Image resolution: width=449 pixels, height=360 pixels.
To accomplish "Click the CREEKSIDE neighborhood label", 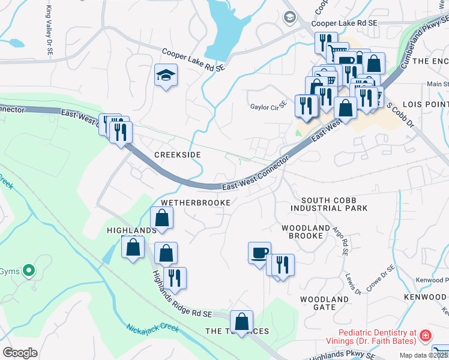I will (x=177, y=155).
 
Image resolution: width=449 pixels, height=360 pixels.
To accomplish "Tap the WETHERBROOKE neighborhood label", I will (x=195, y=203).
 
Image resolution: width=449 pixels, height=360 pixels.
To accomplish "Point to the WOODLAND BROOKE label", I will (x=306, y=232).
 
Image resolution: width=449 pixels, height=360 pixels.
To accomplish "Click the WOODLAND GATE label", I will (x=325, y=303).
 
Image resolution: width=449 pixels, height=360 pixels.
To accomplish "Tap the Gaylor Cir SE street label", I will (x=268, y=107).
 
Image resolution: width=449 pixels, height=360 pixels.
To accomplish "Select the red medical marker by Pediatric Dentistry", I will (x=425, y=335).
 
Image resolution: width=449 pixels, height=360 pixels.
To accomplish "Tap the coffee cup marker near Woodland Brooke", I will (x=259, y=252).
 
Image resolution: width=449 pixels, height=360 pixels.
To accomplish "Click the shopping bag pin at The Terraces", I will (x=241, y=321).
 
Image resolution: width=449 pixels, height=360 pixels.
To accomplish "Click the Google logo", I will (x=20, y=353).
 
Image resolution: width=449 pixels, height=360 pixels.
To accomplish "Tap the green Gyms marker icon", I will (x=28, y=272).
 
